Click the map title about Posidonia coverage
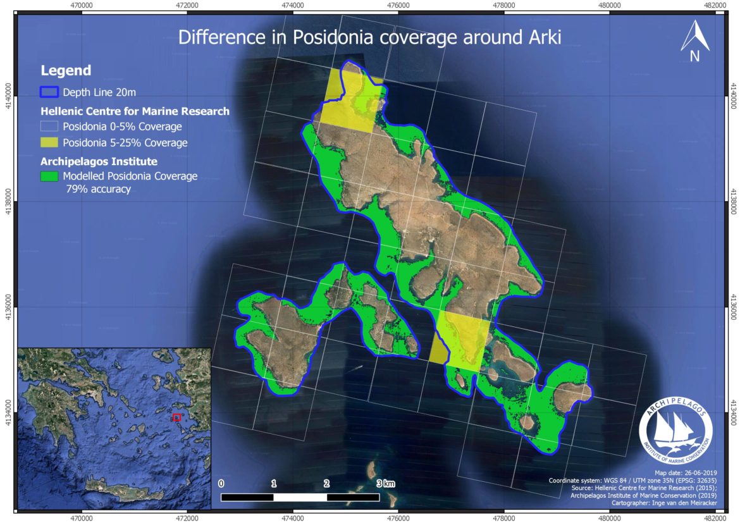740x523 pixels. click(x=369, y=37)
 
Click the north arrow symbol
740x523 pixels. click(x=694, y=42)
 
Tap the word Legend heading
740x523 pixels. click(x=66, y=71)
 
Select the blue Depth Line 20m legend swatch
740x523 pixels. click(x=49, y=92)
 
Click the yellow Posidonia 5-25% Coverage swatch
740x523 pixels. click(x=49, y=142)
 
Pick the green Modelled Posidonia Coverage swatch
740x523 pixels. click(x=49, y=176)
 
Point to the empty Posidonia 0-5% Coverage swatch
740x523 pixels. click(x=49, y=126)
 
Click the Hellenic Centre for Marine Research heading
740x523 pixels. click(x=134, y=111)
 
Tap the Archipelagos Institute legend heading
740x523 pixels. click(x=99, y=161)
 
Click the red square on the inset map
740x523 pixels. click(x=177, y=417)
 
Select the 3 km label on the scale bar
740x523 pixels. click(x=385, y=484)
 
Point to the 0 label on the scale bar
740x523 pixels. click(x=221, y=484)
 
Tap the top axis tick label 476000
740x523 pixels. click(x=398, y=5)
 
